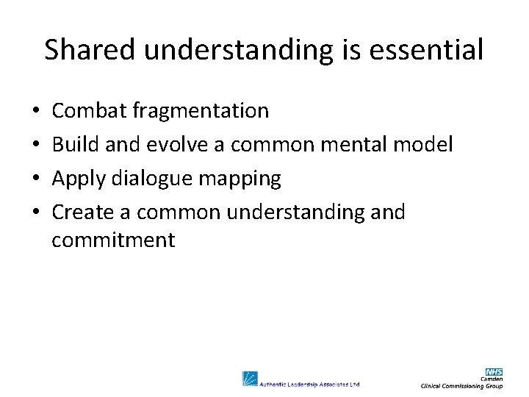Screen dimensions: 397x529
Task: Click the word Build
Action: [x=76, y=145]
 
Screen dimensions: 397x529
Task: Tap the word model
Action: [x=425, y=145]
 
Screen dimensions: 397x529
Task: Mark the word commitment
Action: [x=113, y=240]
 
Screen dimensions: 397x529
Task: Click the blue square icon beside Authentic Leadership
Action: [x=250, y=379]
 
